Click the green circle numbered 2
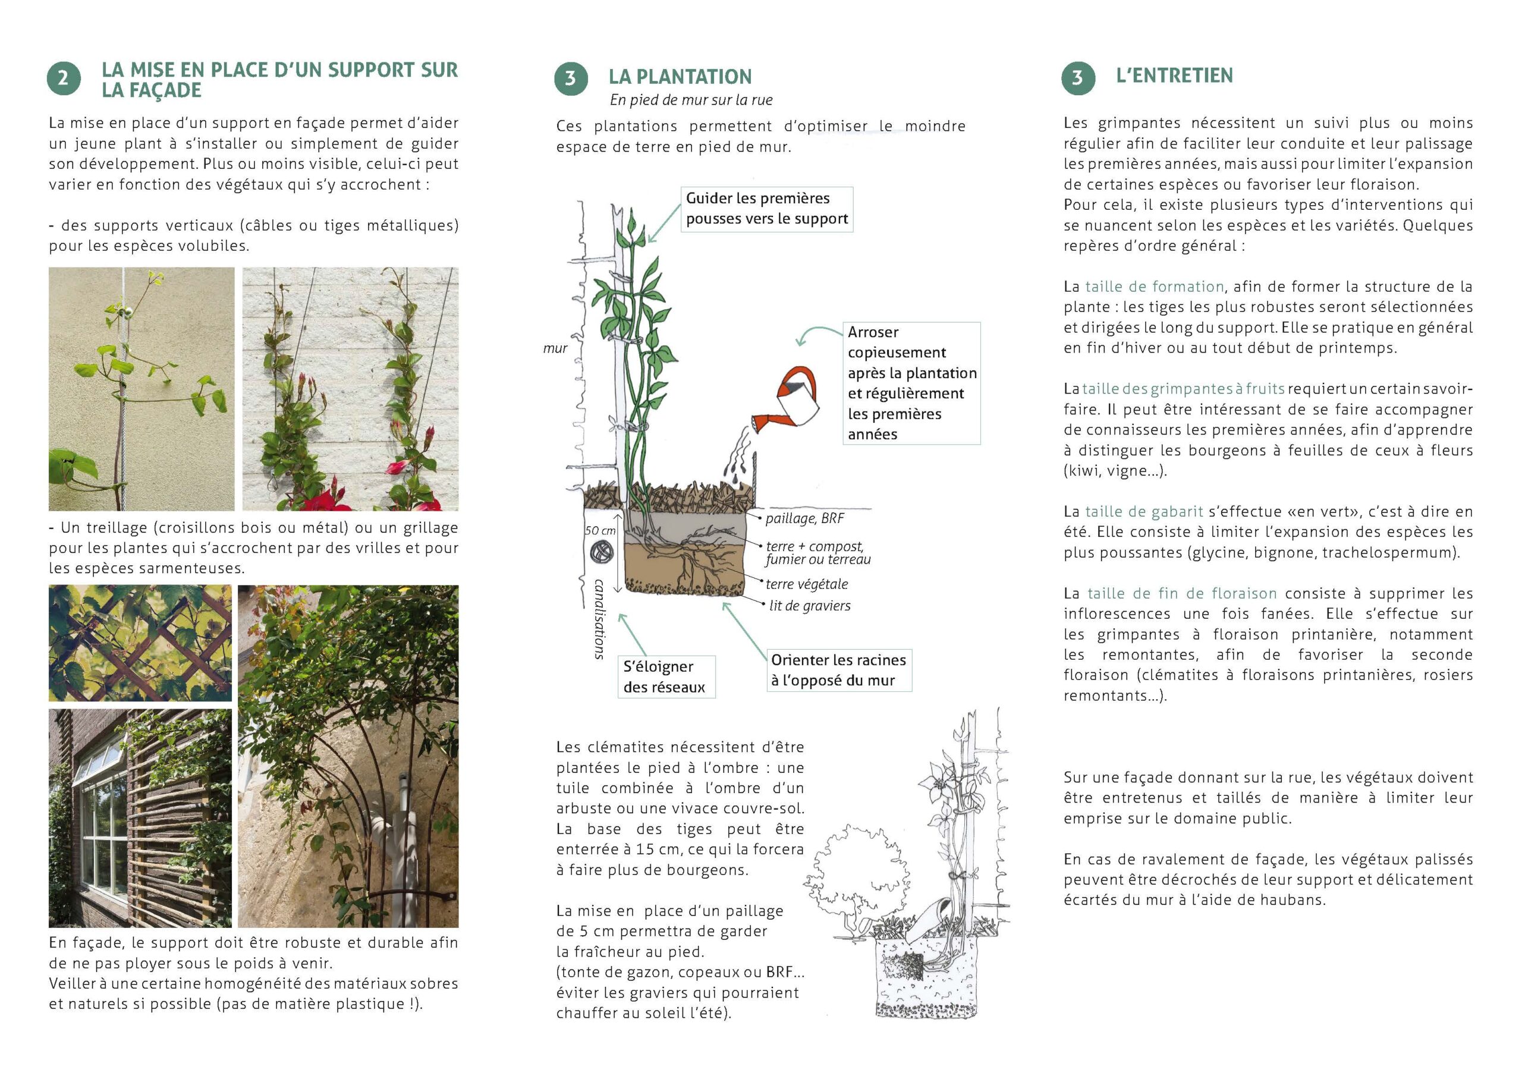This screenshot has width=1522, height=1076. [64, 79]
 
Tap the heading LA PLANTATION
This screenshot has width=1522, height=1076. [680, 77]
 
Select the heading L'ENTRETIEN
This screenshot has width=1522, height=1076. [1174, 75]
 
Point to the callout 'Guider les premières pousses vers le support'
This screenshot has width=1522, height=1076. [766, 209]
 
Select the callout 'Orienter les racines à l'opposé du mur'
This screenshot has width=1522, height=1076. [838, 670]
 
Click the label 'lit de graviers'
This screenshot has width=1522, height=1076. [809, 605]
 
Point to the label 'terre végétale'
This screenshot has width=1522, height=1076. [806, 584]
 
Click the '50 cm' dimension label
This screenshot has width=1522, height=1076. [600, 530]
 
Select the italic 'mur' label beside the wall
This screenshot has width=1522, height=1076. [555, 349]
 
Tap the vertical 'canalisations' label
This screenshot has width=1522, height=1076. [599, 618]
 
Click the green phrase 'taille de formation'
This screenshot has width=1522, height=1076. [1154, 287]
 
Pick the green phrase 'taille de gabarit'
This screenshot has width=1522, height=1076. [1143, 511]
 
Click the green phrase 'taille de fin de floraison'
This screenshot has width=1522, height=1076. [1182, 593]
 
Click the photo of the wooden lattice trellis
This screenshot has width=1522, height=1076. [140, 643]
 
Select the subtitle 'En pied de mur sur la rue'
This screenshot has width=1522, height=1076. [691, 100]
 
